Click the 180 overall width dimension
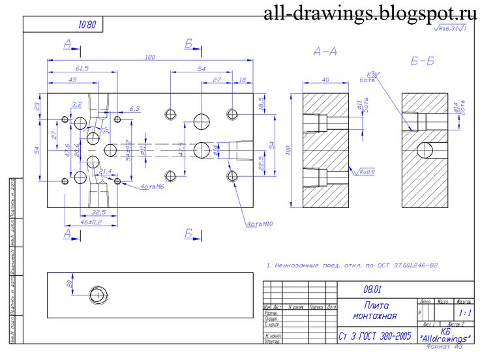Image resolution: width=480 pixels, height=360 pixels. pyautogui.click(x=149, y=57)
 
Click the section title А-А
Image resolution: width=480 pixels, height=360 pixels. pyautogui.click(x=325, y=52)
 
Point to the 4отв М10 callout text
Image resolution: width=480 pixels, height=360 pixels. pyautogui.click(x=258, y=224)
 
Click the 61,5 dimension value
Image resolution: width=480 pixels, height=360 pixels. pyautogui.click(x=82, y=68)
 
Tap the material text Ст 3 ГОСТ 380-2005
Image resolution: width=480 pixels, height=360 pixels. pyautogui.click(x=375, y=337)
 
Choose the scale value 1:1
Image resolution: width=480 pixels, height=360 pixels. pyautogui.click(x=464, y=314)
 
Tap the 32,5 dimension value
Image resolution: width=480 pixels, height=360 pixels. pyautogui.click(x=99, y=212)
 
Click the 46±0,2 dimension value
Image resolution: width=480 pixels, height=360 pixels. pyautogui.click(x=91, y=223)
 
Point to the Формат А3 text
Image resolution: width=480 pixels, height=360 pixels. pyautogui.click(x=447, y=346)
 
